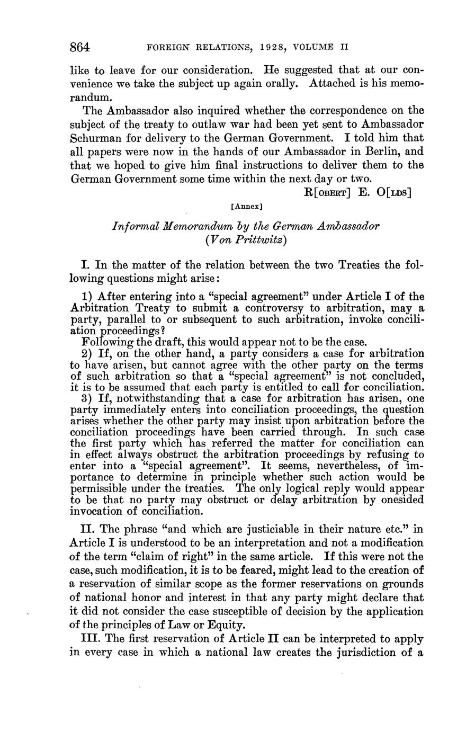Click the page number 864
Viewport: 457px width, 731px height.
80,47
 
